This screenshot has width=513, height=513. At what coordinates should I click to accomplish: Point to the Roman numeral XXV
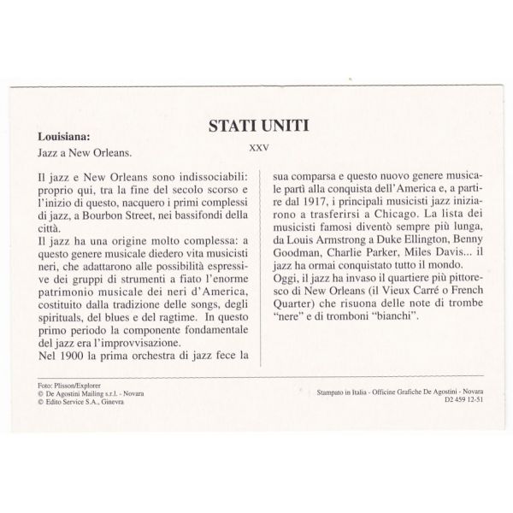pyautogui.click(x=259, y=147)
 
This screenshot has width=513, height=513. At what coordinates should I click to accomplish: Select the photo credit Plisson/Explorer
pyautogui.click(x=72, y=387)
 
